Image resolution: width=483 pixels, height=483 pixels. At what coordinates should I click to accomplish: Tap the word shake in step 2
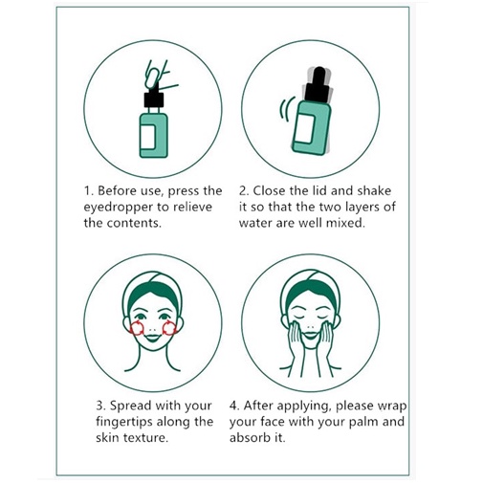(374, 190)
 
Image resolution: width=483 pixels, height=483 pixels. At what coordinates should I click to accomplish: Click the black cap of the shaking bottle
(318, 84)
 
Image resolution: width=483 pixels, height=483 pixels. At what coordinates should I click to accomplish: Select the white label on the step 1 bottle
(148, 137)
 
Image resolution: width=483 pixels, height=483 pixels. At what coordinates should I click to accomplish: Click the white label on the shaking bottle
(304, 128)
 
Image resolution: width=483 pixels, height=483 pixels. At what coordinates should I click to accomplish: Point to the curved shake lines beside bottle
(286, 109)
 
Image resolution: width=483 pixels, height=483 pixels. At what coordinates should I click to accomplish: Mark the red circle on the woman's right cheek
(138, 329)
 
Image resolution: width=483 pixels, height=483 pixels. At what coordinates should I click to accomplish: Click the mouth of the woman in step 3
(153, 338)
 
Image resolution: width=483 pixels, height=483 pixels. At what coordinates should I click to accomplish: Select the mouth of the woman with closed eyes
(310, 336)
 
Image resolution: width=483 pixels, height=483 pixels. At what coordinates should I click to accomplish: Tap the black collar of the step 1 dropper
(154, 99)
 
